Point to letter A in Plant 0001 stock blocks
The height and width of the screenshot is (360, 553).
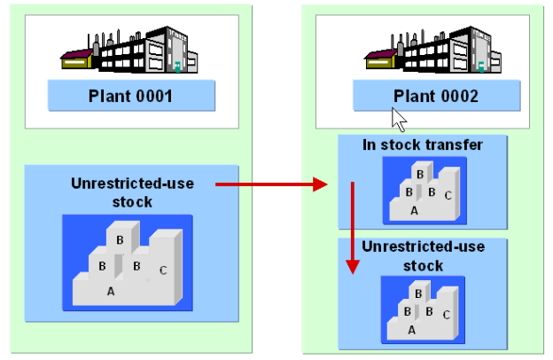111,290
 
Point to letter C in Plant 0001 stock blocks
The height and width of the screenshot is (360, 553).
162,270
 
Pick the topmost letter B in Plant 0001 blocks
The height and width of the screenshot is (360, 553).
120,239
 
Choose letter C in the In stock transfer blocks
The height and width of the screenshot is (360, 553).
449,194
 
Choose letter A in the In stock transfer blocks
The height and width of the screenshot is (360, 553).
414,210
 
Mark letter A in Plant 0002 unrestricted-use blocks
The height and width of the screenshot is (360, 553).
411,328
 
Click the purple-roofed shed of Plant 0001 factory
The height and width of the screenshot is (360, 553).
77,59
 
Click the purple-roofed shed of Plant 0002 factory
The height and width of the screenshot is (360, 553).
381,59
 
